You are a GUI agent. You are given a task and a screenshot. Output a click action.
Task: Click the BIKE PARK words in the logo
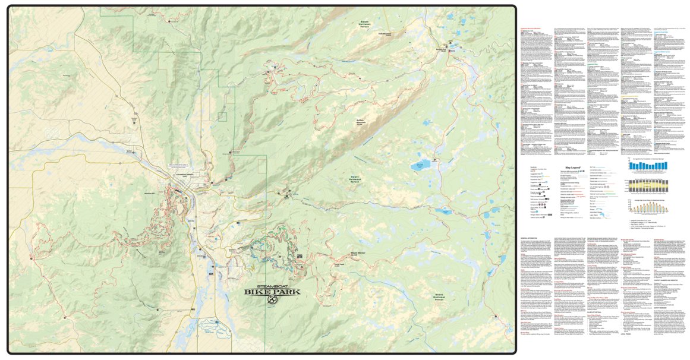(272, 292)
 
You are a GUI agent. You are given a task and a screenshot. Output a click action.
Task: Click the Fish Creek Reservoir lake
(423, 164)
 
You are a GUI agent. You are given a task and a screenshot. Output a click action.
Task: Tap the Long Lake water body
(443, 211)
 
